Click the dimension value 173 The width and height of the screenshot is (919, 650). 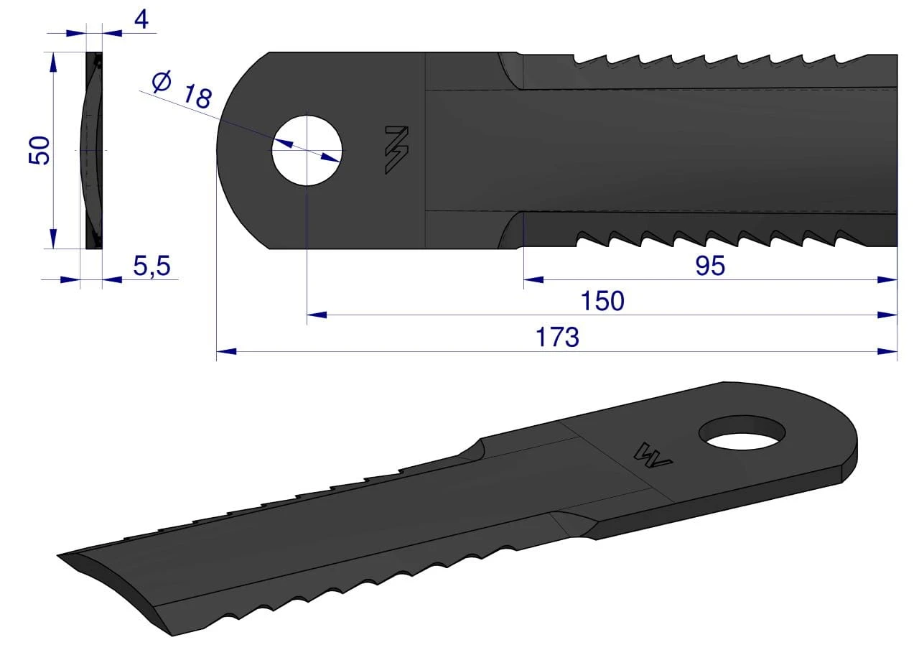(x=557, y=337)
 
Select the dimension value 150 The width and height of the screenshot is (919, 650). (x=602, y=301)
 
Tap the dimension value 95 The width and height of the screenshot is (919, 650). (x=710, y=266)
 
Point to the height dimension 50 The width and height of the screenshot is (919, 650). (x=39, y=151)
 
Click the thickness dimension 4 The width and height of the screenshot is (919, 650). (x=141, y=19)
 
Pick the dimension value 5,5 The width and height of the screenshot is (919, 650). (x=151, y=266)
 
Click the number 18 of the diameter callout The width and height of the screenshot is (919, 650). (x=197, y=97)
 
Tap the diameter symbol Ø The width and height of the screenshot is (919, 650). (x=162, y=81)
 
